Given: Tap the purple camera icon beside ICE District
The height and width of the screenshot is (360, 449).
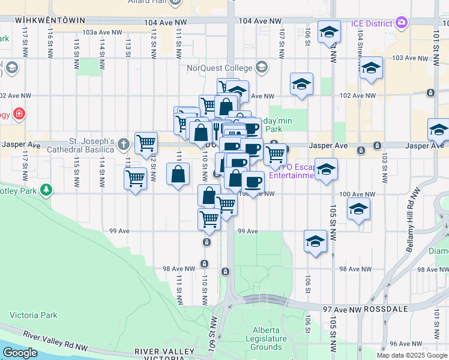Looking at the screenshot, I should [x=402, y=23].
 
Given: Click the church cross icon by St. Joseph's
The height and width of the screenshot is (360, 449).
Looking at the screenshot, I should [x=124, y=144].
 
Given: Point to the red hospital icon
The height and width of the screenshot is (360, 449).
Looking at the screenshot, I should [x=19, y=113].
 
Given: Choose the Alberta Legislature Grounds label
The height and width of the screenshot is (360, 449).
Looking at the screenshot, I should [x=267, y=338].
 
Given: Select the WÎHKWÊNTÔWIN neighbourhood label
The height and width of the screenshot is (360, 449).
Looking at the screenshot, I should [x=50, y=20].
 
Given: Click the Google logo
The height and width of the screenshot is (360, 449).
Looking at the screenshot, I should [x=20, y=353].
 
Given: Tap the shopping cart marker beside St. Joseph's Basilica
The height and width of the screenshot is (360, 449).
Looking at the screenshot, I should [x=146, y=143].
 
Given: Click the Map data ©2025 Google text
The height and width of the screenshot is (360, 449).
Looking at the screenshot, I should [x=411, y=355].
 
